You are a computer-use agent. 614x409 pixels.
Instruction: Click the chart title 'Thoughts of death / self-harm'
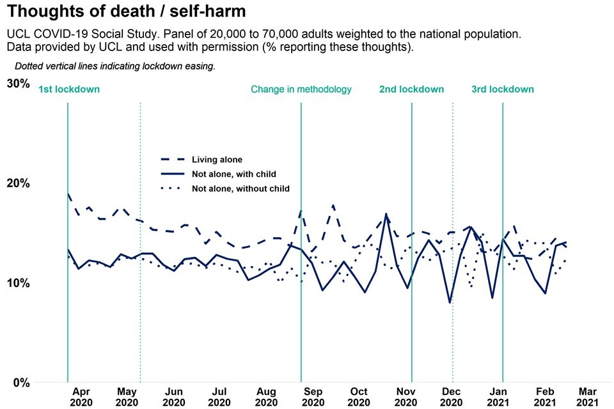point(126,11)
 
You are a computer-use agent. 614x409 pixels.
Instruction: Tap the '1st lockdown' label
point(69,89)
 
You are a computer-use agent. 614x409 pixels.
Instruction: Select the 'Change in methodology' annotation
point(301,89)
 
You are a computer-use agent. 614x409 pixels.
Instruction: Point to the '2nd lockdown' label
point(411,89)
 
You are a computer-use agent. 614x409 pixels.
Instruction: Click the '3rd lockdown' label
point(502,89)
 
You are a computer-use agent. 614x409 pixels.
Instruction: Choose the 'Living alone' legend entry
point(217,160)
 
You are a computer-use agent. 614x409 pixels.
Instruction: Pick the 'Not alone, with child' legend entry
point(233,174)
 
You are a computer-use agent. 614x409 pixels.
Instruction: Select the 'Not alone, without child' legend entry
point(240,189)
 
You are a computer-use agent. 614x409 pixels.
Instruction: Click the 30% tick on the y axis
point(19,84)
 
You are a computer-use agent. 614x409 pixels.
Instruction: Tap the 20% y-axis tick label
point(19,183)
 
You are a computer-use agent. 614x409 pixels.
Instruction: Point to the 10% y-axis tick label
point(19,283)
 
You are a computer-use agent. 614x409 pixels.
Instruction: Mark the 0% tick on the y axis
point(22,383)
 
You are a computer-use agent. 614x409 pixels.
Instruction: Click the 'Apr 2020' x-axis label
point(81,396)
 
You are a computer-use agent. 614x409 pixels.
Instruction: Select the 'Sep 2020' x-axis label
point(313,396)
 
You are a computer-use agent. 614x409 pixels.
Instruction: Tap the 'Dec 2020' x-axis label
point(451,396)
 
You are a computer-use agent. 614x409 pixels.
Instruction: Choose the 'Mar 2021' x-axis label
point(588,396)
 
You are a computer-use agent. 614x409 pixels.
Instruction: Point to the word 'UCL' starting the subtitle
point(18,34)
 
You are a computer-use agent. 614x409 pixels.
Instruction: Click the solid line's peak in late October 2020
point(386,213)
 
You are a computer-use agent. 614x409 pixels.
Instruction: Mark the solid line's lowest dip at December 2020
point(450,302)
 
